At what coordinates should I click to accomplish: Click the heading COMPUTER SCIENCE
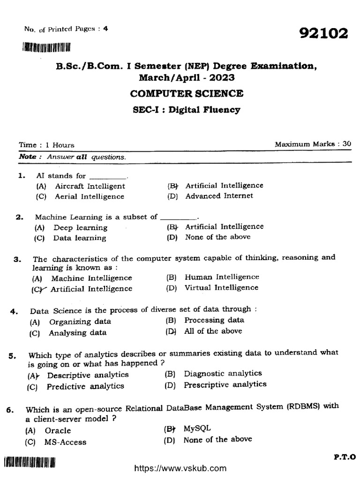pyautogui.click(x=187, y=93)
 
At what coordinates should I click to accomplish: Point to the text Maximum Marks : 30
pyautogui.click(x=313, y=144)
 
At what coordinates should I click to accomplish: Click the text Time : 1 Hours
pyautogui.click(x=46, y=145)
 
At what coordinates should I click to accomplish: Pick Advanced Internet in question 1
pyautogui.click(x=219, y=195)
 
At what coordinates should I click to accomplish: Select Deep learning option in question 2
pyautogui.click(x=80, y=228)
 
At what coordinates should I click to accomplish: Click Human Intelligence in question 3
pyautogui.click(x=221, y=277)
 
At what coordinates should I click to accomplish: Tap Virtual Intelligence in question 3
pyautogui.click(x=221, y=287)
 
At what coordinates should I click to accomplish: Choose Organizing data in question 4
pyautogui.click(x=80, y=322)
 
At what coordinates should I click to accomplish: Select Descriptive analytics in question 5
pyautogui.click(x=88, y=375)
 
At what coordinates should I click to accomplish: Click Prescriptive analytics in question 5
pyautogui.click(x=225, y=384)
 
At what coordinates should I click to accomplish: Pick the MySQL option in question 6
pyautogui.click(x=197, y=428)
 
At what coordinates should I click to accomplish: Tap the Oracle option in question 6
pyautogui.click(x=58, y=430)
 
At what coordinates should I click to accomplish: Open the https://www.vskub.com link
pyautogui.click(x=180, y=468)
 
